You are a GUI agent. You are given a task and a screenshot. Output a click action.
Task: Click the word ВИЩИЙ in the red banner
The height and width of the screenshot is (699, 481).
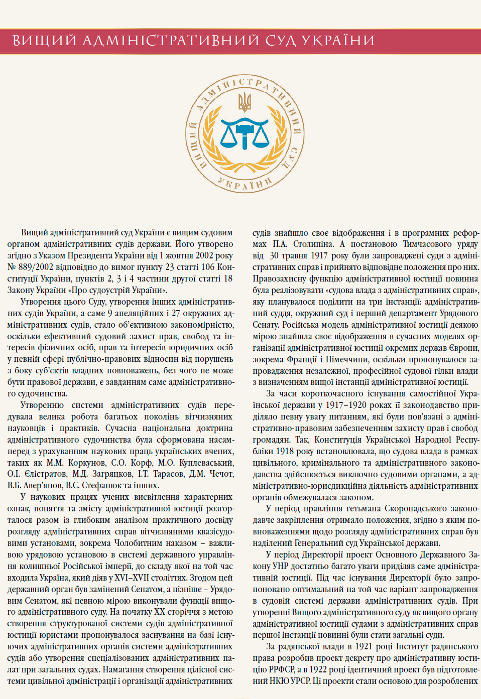coord(44,41)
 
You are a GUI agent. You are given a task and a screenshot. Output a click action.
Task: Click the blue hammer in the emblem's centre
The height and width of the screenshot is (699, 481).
coord(245,133)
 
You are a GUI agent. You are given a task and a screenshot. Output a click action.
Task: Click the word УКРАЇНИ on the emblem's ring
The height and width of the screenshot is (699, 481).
coord(245,184)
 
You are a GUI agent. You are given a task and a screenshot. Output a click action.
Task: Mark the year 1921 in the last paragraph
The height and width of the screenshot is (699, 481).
coord(366,646)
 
